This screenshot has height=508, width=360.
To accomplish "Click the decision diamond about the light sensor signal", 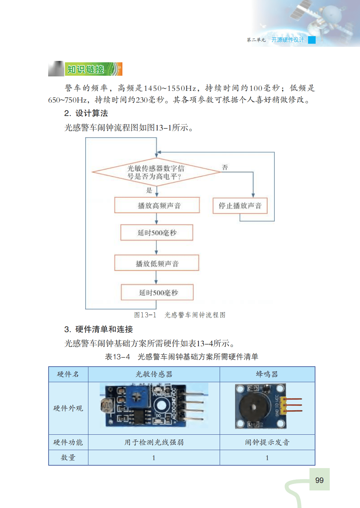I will (156, 172).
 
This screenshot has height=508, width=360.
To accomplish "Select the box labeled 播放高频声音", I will (157, 205).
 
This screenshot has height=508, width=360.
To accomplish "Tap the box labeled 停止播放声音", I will (240, 205).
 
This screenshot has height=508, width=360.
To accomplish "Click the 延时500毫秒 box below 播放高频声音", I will (157, 233).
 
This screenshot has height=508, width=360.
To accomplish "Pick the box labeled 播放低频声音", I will (157, 263).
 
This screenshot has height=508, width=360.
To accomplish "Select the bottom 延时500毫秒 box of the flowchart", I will (157, 293).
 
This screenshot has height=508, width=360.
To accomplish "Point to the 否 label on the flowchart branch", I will (225, 167).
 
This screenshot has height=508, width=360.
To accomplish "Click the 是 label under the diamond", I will (149, 190).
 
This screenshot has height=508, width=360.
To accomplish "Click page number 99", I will (319, 480).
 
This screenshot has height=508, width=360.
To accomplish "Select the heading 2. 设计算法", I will (86, 113).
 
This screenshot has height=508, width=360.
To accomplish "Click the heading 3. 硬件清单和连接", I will (98, 329).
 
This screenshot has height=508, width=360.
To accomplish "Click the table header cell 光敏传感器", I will (154, 374).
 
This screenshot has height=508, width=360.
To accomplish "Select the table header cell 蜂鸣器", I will (267, 374).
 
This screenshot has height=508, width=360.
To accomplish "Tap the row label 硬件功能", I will (68, 442).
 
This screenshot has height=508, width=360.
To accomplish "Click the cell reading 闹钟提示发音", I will (267, 442).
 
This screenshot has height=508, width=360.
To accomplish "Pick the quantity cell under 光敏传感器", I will (154, 458).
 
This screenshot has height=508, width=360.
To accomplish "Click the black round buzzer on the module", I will (254, 407).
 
